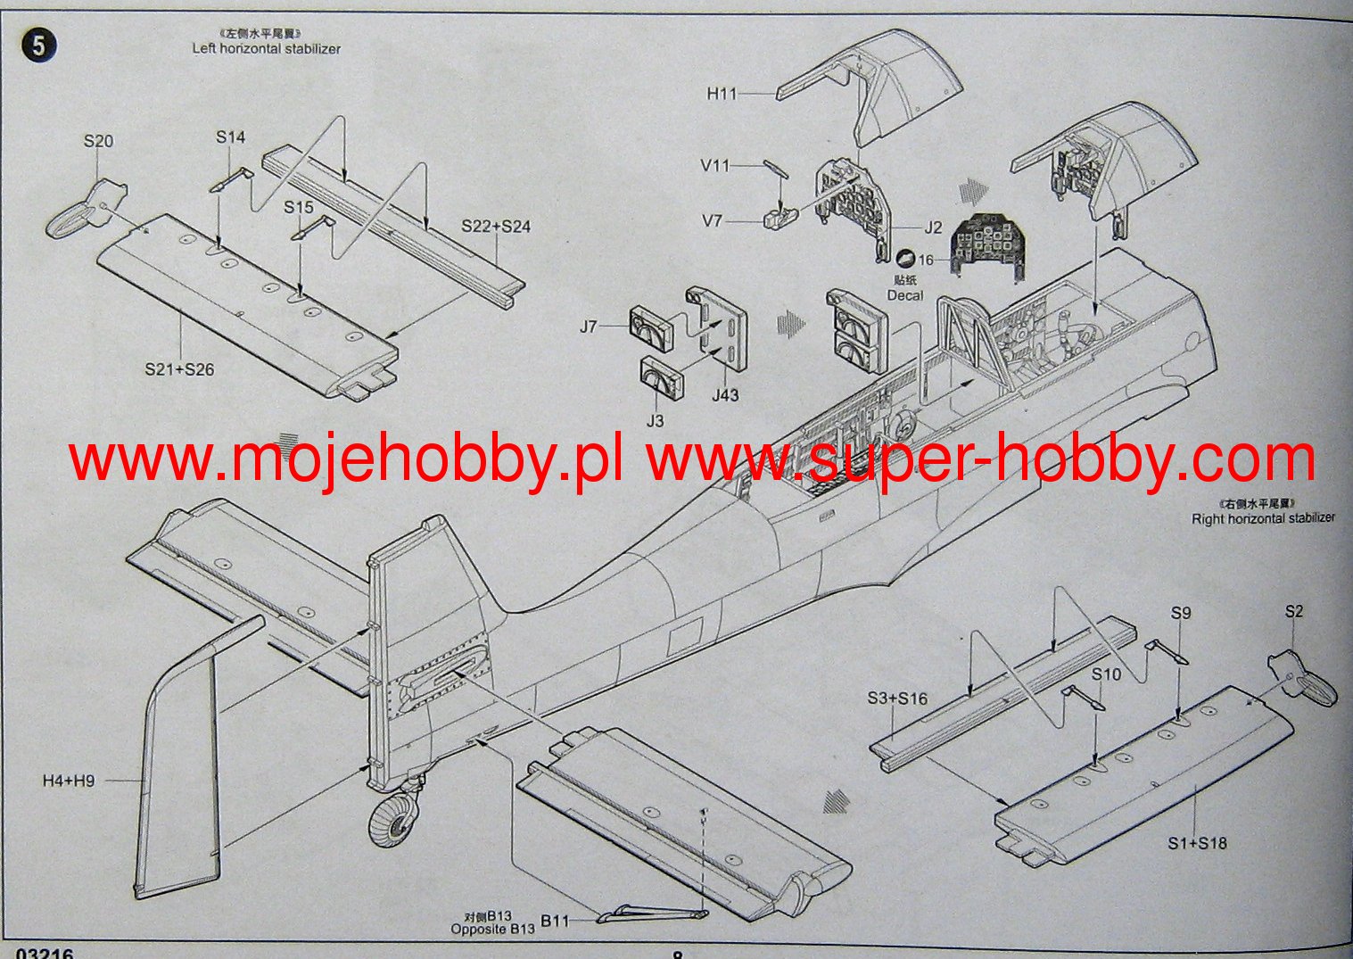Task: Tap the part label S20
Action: [x=99, y=141]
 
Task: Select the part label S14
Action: [x=230, y=137]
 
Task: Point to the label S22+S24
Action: [x=496, y=227]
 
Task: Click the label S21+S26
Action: [x=179, y=369]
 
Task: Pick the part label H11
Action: [x=722, y=93]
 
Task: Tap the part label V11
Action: [x=715, y=166]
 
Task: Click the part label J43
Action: [x=725, y=394]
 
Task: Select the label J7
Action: [x=589, y=327]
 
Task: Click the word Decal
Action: [x=905, y=295]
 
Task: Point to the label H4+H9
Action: [x=69, y=781]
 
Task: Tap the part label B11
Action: [x=555, y=921]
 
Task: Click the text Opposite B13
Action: [x=492, y=929]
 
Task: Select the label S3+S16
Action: [x=897, y=699]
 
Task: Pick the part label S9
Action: [x=1181, y=613]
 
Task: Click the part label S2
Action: [x=1294, y=611]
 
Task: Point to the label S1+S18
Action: [x=1197, y=843]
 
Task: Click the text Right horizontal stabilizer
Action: [x=1263, y=518]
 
